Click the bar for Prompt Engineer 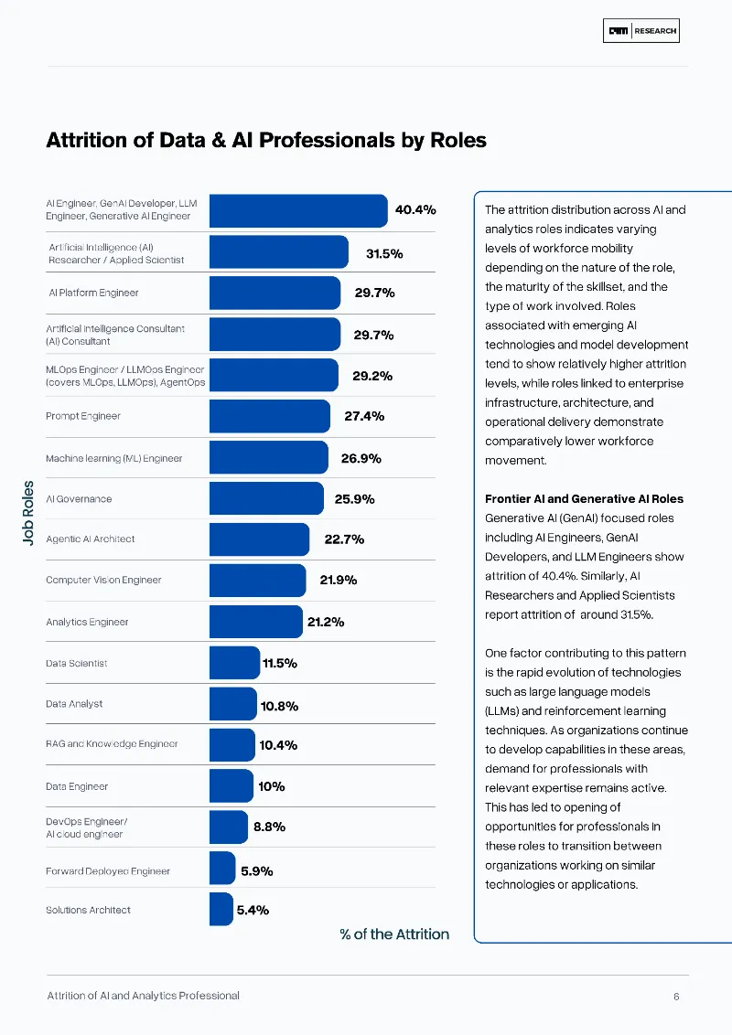[x=269, y=416]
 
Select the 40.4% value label [x=414, y=209]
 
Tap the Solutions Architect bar [x=221, y=910]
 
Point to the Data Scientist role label [x=76, y=663]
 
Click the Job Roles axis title [x=27, y=514]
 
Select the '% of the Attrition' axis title [x=394, y=934]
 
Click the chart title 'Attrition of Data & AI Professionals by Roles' [x=266, y=141]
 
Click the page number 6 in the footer [x=676, y=997]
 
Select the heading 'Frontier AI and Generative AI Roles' [x=584, y=499]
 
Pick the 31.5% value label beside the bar [x=384, y=253]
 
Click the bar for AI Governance [x=266, y=499]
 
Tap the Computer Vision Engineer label [x=103, y=580]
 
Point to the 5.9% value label [x=257, y=871]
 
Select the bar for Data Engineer [x=231, y=786]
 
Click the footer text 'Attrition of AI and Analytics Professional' [x=143, y=996]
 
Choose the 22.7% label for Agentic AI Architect [x=344, y=539]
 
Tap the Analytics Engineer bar [x=255, y=622]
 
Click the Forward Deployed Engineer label [x=108, y=871]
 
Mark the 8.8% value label [x=269, y=827]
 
